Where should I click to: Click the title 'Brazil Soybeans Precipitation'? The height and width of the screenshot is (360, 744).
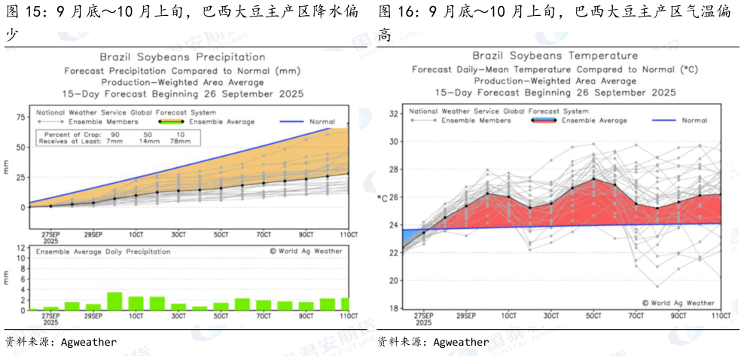click(182, 57)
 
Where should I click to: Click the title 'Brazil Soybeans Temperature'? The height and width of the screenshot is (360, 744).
click(555, 56)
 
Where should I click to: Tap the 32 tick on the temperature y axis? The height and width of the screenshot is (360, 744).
click(394, 114)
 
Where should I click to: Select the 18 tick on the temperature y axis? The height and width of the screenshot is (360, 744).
click(394, 308)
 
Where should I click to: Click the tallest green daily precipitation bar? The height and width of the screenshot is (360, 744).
click(114, 301)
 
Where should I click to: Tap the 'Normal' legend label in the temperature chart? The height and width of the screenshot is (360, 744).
click(694, 121)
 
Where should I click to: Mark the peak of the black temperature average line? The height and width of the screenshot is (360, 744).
click(594, 178)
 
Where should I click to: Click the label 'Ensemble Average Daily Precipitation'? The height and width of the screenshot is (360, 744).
click(102, 252)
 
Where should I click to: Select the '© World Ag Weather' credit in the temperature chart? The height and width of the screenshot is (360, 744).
click(678, 302)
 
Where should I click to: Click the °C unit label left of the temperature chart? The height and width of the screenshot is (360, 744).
click(381, 197)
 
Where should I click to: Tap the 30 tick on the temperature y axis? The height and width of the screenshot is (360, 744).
click(394, 142)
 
